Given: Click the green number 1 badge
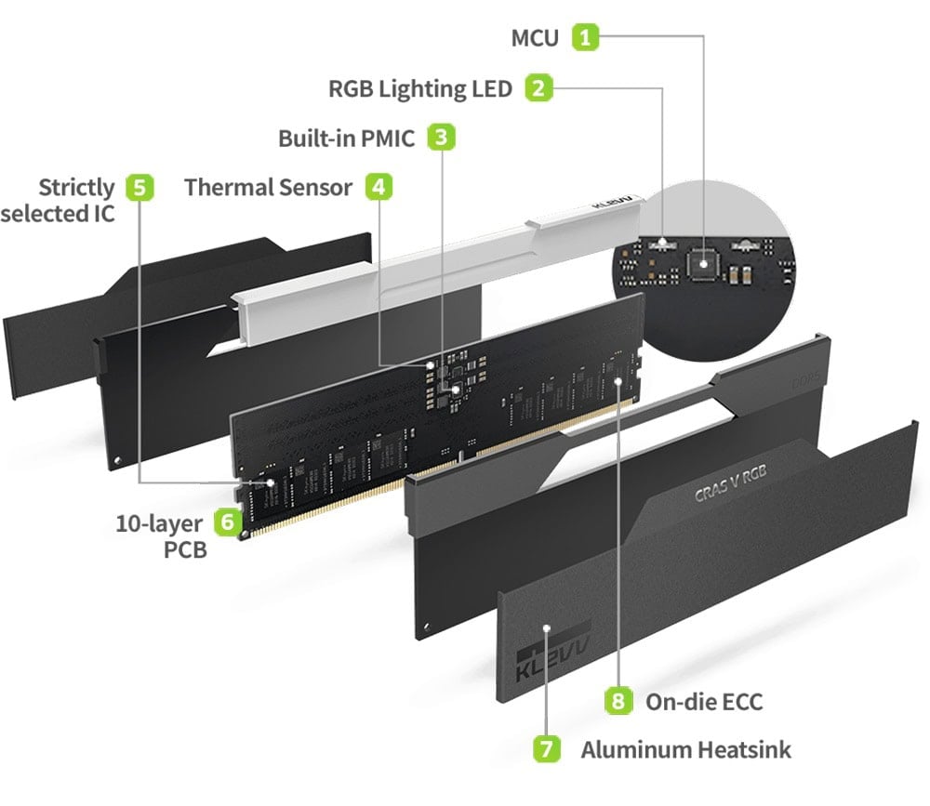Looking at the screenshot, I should pos(585,38).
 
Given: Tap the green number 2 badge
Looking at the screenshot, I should pos(538,88).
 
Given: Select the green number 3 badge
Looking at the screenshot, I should pos(441,138).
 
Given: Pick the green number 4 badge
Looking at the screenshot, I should pos(377,187).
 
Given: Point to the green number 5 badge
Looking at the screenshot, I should pos(139,187).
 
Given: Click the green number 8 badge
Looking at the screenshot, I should pos(618,700).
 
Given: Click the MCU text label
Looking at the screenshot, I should pos(536,38).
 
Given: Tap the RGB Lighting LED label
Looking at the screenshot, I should pos(420,88).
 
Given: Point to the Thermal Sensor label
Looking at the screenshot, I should pos(268,187).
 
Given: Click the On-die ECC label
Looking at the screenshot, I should pos(704,700).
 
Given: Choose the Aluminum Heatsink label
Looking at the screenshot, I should pos(686,748).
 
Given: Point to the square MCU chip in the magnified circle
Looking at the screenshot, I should pos(703,263).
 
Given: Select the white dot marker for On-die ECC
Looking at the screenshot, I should pos(618,380).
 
